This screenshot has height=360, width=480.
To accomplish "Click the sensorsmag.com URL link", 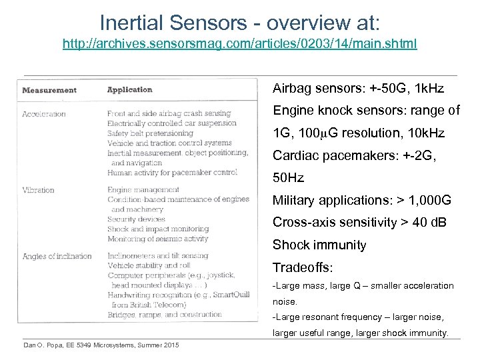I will [240, 44].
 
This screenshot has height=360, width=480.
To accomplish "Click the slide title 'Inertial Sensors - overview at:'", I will [240, 22].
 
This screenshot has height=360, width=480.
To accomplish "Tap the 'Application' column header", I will [130, 89].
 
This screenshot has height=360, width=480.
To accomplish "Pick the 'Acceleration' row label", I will [44, 114].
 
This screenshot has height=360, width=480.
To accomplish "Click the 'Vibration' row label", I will [39, 190].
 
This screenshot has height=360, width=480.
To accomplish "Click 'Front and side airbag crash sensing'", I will [169, 113].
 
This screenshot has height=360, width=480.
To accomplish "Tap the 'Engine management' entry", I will [144, 190].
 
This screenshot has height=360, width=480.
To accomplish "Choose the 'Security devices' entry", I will [136, 219].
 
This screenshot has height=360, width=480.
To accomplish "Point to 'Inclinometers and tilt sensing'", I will [159, 256].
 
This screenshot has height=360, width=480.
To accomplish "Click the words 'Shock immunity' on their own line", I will [319, 245].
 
